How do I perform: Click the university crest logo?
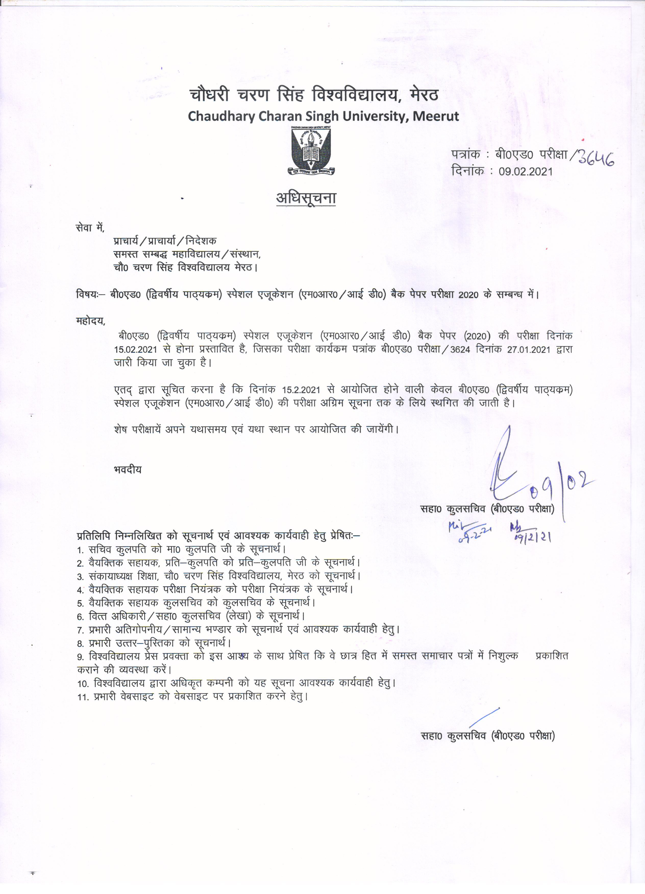pyautogui.click(x=311, y=151)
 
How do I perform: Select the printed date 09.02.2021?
pyautogui.click(x=526, y=172)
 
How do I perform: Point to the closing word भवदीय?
pyautogui.click(x=127, y=470)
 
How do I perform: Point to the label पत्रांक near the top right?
pyautogui.click(x=465, y=154)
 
